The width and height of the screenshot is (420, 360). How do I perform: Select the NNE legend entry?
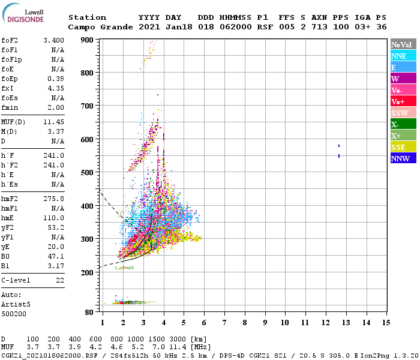403,56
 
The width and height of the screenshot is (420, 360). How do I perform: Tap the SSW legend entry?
403,113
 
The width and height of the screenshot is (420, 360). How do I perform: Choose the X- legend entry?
403,124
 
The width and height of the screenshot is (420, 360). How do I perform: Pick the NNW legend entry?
403,158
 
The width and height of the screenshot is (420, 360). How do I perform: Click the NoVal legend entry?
403,44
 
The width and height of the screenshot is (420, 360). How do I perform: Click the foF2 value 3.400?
53,40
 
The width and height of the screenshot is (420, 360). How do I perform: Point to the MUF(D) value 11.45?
53,122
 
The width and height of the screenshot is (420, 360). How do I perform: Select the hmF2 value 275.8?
53,199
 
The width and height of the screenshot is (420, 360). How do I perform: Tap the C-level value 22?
59,280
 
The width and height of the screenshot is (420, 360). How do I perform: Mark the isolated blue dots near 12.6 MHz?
339,151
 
